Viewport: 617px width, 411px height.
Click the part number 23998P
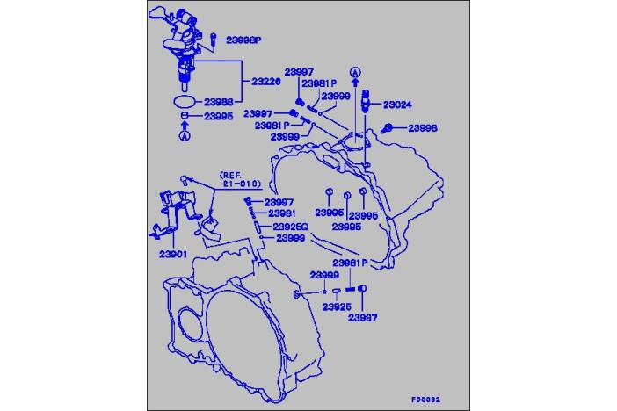[244, 40]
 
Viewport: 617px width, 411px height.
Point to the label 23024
[397, 105]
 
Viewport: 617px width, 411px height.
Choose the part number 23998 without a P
[422, 128]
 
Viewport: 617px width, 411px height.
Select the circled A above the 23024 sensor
[355, 72]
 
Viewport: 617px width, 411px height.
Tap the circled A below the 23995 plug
[185, 136]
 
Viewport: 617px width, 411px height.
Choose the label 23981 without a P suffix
[281, 213]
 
